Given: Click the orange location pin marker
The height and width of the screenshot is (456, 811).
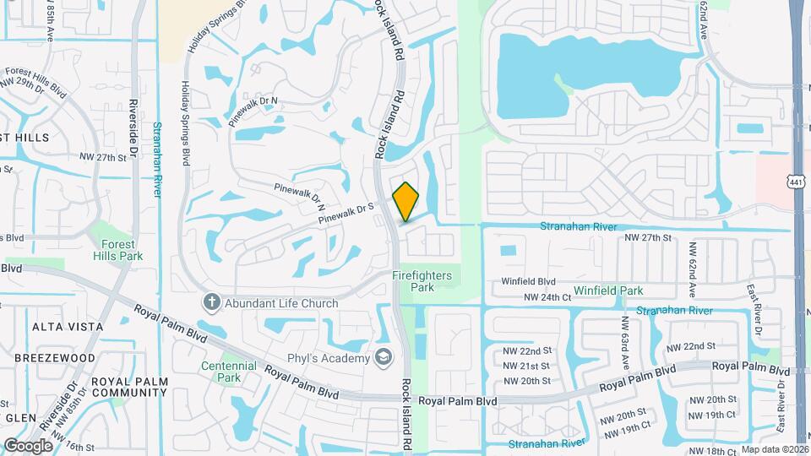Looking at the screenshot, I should coord(405,200).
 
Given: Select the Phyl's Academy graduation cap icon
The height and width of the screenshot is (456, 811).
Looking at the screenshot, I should coord(384,358).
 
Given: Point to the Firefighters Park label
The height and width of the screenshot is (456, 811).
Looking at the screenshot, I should coord(422,281).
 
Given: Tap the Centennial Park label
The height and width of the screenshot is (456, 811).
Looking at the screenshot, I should coord(228,372).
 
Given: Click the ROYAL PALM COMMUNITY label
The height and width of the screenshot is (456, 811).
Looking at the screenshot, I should coord(129,387).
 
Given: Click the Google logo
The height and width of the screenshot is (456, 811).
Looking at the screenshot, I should coord(28,445).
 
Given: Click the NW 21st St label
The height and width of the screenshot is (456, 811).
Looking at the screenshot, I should coord(527,366).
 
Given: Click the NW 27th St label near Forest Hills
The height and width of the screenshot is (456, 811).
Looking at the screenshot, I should coord(108,158).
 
